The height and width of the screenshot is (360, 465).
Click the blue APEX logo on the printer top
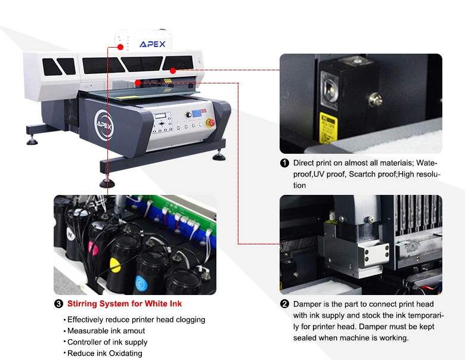[x=153, y=44]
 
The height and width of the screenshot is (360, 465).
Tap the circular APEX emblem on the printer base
[x=104, y=125]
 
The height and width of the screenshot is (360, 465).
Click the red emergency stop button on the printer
[x=212, y=122]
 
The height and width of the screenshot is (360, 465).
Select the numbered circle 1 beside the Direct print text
[x=284, y=163]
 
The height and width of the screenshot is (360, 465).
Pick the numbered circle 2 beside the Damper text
[x=284, y=304]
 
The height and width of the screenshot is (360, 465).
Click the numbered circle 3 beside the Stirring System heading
[x=58, y=303]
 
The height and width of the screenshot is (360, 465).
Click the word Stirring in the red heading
[x=82, y=303]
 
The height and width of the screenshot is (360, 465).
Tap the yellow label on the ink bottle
[x=115, y=265]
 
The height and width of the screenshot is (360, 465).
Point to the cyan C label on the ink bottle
[x=141, y=283]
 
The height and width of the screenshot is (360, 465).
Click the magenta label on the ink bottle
[x=93, y=249]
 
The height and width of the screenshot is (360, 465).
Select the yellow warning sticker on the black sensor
[x=328, y=128]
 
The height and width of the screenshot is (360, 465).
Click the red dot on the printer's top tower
[x=120, y=47]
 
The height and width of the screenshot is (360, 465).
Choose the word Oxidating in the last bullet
[x=125, y=353]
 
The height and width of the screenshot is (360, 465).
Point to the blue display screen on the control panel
[x=197, y=113]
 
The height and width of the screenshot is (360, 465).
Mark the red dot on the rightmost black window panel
[x=173, y=71]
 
